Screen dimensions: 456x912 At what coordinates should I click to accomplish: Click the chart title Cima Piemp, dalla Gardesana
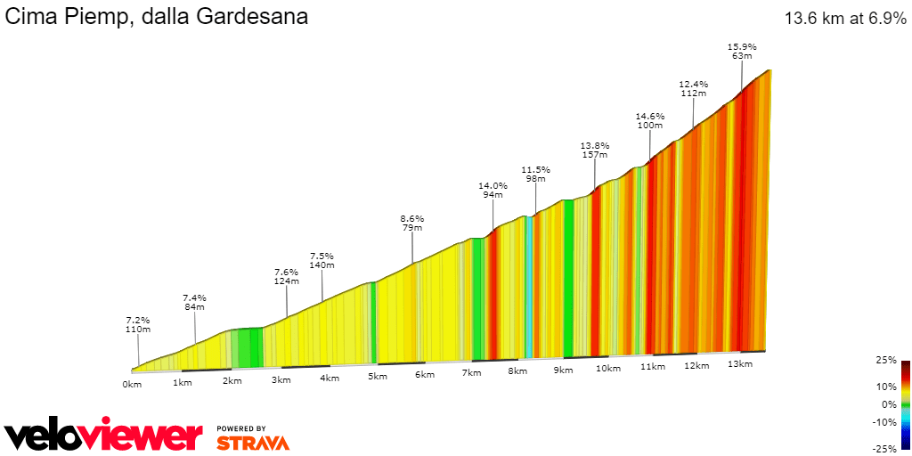tap(157, 16)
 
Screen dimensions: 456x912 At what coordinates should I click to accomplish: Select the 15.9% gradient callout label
tap(742, 51)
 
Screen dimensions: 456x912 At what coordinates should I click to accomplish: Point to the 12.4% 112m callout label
tap(693, 88)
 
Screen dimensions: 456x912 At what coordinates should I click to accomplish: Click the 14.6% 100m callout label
tap(650, 120)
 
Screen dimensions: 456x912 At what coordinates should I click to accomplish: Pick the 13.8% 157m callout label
tap(595, 150)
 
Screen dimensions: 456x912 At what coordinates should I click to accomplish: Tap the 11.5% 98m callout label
tap(536, 174)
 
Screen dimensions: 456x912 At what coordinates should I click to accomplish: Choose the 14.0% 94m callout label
tap(493, 191)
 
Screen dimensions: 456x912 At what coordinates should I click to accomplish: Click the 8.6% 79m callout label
tap(412, 223)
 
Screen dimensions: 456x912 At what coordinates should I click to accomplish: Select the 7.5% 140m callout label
tap(322, 260)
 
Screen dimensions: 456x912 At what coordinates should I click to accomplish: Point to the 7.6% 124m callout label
tap(287, 276)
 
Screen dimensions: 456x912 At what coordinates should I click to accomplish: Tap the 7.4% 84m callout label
tap(194, 302)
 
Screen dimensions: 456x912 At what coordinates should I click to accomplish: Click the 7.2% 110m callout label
tap(138, 324)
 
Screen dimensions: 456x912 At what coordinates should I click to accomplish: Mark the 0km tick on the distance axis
tap(132, 384)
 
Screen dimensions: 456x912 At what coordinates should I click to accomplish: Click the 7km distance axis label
tap(471, 372)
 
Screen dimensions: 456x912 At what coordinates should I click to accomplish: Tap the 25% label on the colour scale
tap(886, 360)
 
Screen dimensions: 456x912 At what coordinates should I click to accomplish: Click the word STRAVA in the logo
tap(253, 442)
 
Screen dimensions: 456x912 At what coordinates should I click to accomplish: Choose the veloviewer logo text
tap(103, 436)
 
